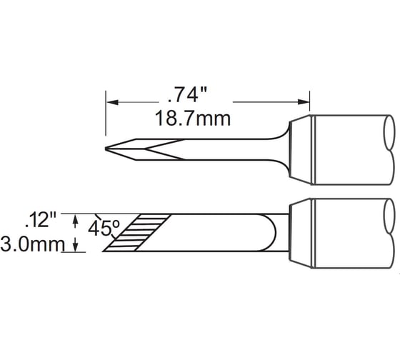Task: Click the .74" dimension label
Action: (187, 95)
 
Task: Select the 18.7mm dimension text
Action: (193, 119)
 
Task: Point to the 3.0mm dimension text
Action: (32, 244)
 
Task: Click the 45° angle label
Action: (104, 229)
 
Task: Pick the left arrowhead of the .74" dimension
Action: (112, 102)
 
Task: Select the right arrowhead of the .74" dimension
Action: (304, 102)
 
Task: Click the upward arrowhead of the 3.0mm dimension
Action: (75, 221)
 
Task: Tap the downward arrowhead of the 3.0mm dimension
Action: (75, 245)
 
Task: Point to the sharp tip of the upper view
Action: (106, 149)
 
